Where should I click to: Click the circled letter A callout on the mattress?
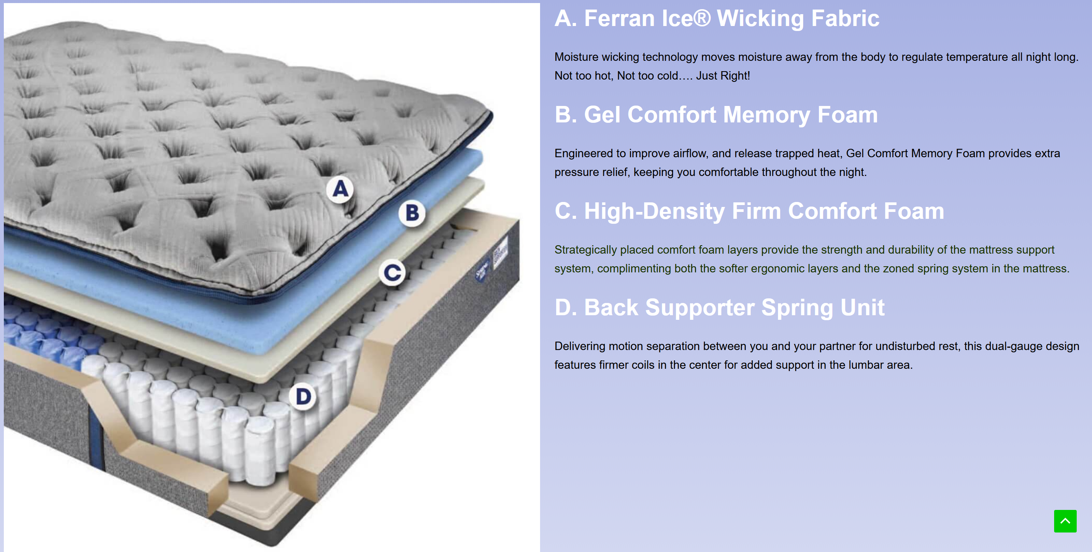(340, 189)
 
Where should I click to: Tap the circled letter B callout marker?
(412, 213)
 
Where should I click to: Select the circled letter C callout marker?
(392, 273)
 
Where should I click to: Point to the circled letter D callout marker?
(303, 397)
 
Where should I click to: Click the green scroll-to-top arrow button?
(1065, 521)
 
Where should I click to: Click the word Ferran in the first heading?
(619, 19)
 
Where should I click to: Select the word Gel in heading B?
(602, 115)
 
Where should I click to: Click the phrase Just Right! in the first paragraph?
(723, 76)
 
